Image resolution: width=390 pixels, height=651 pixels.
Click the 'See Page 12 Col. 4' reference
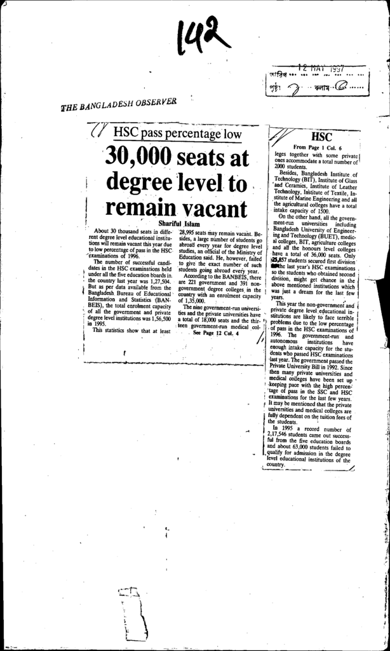tap(213, 332)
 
